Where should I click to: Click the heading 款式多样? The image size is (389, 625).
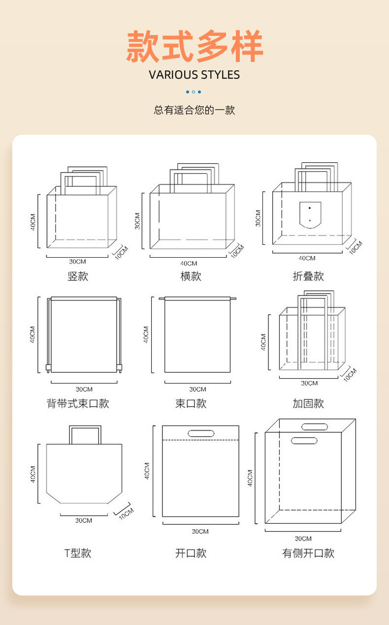[194, 47]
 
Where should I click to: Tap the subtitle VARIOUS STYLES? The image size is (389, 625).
[194, 75]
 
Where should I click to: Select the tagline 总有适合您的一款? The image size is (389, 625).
[194, 110]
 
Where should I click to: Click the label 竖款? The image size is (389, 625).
[78, 276]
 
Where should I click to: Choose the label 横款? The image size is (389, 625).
[191, 276]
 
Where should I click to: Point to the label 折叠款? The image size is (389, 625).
[308, 276]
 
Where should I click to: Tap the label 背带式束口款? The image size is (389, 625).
[78, 404]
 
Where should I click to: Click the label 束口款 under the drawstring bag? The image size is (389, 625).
[191, 404]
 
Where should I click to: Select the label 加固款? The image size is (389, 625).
[308, 404]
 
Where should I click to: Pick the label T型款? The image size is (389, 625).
[78, 553]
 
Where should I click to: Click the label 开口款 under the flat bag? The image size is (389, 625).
[191, 553]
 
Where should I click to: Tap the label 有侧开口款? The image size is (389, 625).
[308, 553]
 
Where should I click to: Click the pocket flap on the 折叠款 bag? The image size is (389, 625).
[310, 214]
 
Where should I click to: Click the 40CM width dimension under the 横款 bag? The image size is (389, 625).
[188, 264]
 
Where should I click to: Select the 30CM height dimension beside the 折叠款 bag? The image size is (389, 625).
[258, 218]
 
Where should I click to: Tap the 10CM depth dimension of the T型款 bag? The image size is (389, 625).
[126, 513]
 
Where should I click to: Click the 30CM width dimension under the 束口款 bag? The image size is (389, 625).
[197, 389]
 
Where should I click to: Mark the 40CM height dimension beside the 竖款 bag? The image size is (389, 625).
[32, 222]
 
